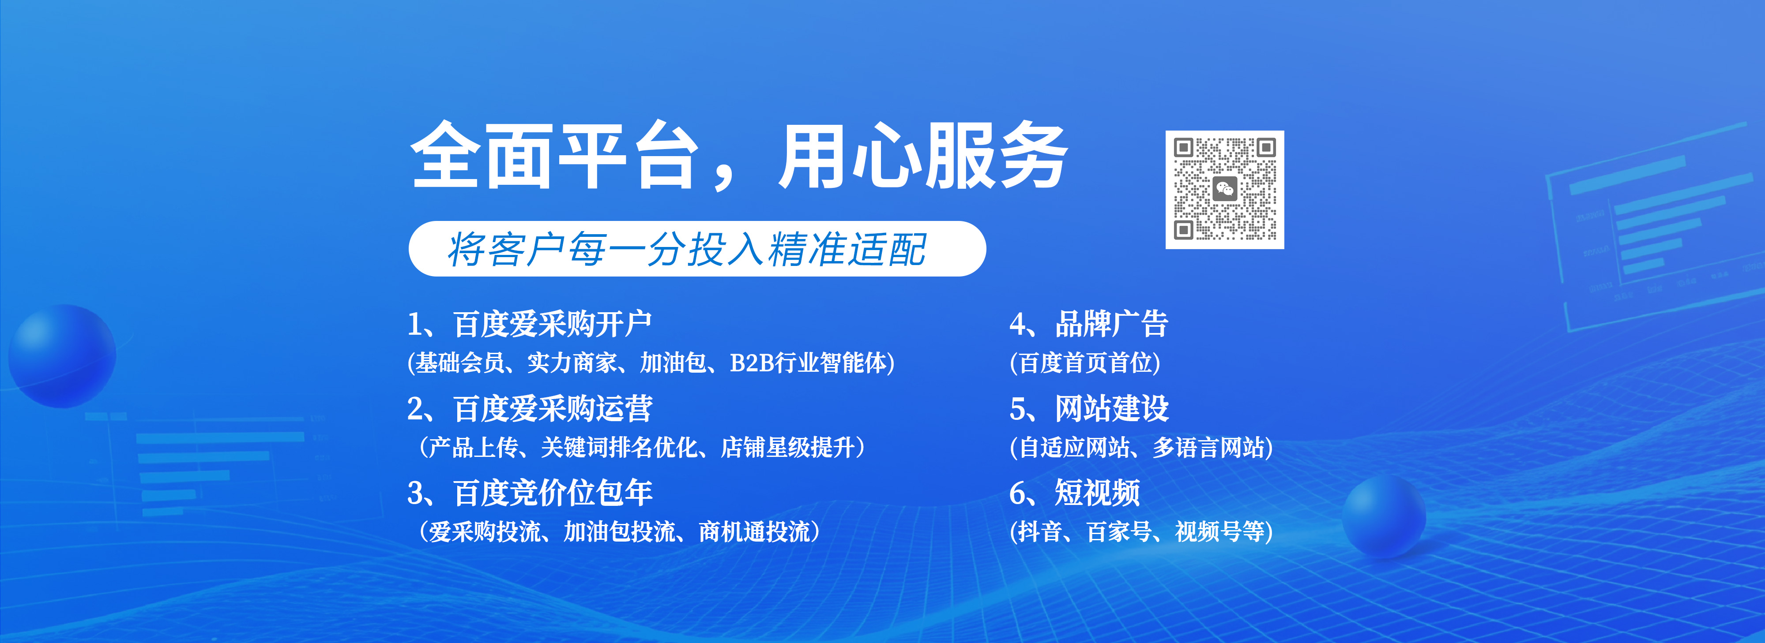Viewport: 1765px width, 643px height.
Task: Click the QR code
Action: pos(1224,190)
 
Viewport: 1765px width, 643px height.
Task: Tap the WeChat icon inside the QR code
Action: pos(1224,189)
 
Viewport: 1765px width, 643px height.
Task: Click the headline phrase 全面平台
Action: pos(553,156)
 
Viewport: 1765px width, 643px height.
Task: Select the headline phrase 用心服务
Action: pos(922,156)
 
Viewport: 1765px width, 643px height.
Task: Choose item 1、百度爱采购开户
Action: pos(529,324)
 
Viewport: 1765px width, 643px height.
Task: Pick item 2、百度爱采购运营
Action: pos(529,409)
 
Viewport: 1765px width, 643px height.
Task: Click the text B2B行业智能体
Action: pos(807,363)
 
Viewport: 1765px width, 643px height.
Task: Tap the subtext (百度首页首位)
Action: pos(1084,363)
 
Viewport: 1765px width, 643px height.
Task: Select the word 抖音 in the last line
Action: pos(1039,532)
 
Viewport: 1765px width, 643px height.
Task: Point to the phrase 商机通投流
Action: pos(754,532)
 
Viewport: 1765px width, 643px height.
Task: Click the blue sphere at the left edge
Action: pos(62,356)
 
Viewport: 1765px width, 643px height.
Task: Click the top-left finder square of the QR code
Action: pos(1184,147)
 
